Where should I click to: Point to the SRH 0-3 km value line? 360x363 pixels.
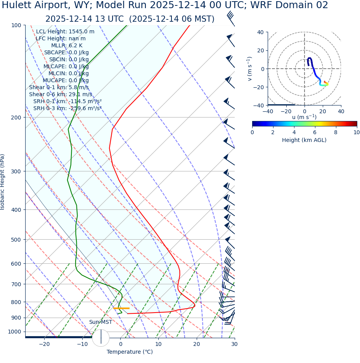tap(67, 108)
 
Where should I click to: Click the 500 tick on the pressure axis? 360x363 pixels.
tap(16, 240)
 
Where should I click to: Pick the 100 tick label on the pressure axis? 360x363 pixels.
tap(16, 25)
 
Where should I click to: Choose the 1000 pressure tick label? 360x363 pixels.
tap(14, 332)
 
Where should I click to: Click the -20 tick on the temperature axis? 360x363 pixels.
tap(44, 344)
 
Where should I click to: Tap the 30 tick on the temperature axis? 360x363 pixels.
tap(234, 344)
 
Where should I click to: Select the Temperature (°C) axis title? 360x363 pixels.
tap(130, 352)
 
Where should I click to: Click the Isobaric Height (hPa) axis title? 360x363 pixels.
tap(3, 182)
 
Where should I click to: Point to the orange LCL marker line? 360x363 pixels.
tap(121, 308)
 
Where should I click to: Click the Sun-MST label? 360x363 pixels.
tap(100, 322)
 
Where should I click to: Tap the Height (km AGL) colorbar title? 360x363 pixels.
tap(304, 140)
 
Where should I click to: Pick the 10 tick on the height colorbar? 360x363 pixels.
tap(357, 132)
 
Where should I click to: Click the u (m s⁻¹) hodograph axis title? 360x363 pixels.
tap(304, 117)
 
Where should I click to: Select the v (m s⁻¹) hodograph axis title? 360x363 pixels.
tap(249, 69)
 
